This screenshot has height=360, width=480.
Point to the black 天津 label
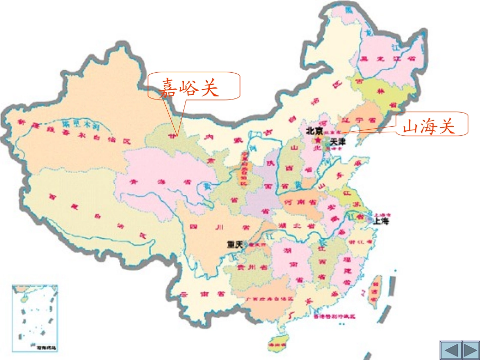pos(338,142)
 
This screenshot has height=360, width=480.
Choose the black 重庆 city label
pos(235,244)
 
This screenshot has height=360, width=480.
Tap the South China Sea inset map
pos(35,318)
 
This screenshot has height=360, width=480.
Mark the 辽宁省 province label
pos(358,121)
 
